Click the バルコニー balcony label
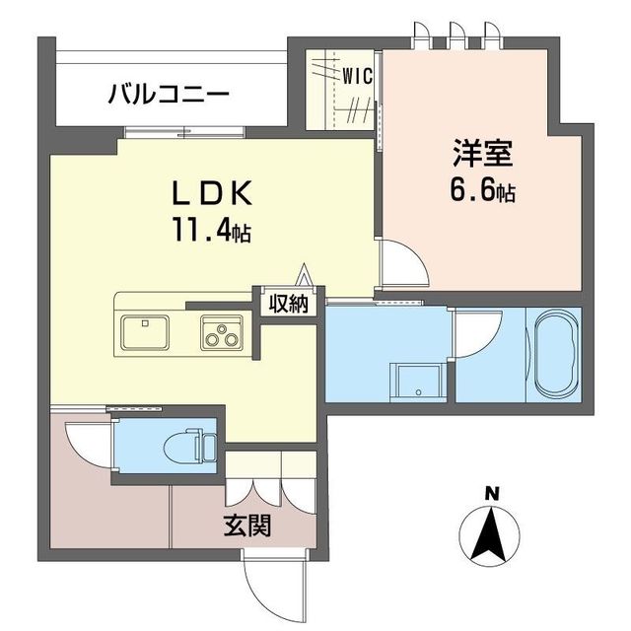pyautogui.click(x=169, y=96)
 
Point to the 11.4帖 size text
pyautogui.click(x=214, y=233)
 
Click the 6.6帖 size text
pyautogui.click(x=481, y=190)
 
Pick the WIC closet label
pyautogui.click(x=356, y=74)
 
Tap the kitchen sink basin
pyautogui.click(x=146, y=331)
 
